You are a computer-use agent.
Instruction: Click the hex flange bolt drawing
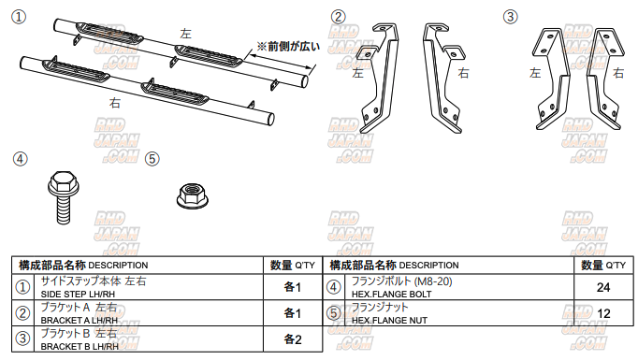[x=63, y=197]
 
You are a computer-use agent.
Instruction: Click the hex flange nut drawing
[x=193, y=196]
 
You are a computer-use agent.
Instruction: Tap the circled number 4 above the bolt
[x=21, y=159]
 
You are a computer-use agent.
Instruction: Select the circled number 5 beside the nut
[x=152, y=159]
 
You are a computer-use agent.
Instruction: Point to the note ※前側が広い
[x=288, y=47]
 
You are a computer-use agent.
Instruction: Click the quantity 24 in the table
[x=603, y=288]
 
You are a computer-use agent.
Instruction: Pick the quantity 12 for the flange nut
[x=603, y=313]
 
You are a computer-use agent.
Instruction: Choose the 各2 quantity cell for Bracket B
[x=293, y=339]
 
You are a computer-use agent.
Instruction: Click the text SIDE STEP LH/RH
[x=78, y=295]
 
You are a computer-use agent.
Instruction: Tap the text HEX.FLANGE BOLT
[x=391, y=295]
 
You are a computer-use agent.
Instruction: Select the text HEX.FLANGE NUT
[x=389, y=321]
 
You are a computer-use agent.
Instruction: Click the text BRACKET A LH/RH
[x=79, y=321]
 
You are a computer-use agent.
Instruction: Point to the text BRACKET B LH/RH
[x=80, y=347]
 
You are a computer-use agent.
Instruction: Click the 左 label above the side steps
[x=185, y=34]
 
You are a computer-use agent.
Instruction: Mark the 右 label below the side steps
[x=115, y=103]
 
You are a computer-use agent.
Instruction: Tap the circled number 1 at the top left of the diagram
[x=19, y=17]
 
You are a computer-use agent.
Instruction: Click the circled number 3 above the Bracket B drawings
[x=510, y=17]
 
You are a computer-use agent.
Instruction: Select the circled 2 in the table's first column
[x=22, y=313]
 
